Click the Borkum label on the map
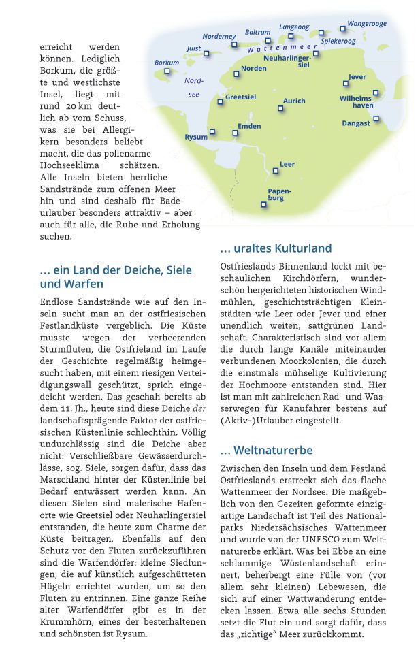(166, 63)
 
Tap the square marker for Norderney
(234, 44)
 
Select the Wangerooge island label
(367, 24)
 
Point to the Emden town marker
(235, 133)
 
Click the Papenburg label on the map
(275, 195)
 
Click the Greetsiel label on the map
(240, 97)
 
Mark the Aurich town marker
(280, 108)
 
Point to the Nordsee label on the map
(194, 87)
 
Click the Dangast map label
(356, 123)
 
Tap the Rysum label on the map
(196, 137)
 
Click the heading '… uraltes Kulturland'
(276, 248)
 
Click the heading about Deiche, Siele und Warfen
(116, 277)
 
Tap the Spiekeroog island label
(338, 42)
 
